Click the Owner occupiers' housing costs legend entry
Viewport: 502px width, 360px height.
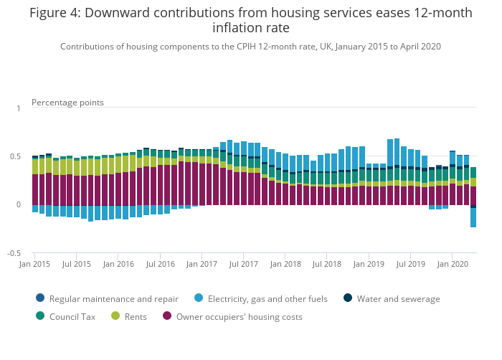click(x=237, y=316)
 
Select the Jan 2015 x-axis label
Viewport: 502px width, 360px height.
click(x=35, y=265)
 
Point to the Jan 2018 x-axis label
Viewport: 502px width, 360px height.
click(x=286, y=265)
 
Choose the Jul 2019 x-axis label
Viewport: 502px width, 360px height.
click(x=411, y=265)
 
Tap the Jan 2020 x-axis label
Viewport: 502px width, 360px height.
click(x=453, y=265)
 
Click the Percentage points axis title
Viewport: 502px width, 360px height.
click(x=67, y=103)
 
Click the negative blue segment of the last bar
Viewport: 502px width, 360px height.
click(x=473, y=218)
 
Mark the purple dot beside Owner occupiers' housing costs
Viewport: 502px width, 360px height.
click(x=168, y=316)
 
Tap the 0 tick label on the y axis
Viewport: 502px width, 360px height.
click(x=19, y=205)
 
